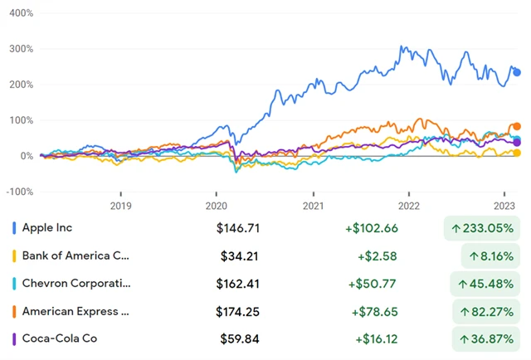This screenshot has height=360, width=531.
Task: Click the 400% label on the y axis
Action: point(17,13)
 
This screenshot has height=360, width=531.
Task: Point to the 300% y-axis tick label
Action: point(17,49)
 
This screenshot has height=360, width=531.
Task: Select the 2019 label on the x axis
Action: point(121,205)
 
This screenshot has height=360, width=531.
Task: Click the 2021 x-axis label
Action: point(313,205)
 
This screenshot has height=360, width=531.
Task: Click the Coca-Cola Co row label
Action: point(59,338)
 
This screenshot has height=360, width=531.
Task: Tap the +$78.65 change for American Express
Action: point(372,311)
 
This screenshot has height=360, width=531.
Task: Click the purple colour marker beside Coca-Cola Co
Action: point(14,338)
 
